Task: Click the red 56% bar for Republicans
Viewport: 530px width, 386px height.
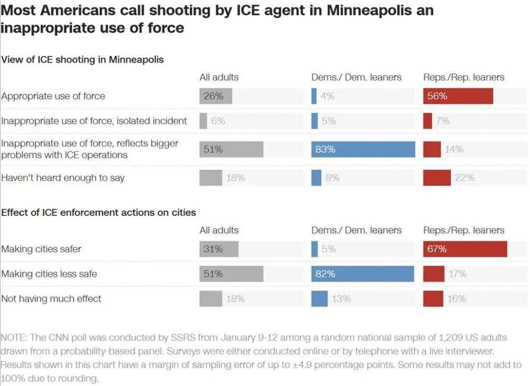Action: pos(458,96)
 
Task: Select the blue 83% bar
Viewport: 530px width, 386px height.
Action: pos(363,149)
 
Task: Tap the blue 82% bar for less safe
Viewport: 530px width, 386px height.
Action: pos(363,274)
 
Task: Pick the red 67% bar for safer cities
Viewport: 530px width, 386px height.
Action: pos(465,249)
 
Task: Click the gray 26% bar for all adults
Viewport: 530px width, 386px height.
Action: pos(215,96)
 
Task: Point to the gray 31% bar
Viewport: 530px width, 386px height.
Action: pos(219,249)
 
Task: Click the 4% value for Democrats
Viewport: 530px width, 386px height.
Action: pos(327,96)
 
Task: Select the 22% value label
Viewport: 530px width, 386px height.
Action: pos(464,178)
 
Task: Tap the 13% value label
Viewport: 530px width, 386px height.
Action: pos(341,299)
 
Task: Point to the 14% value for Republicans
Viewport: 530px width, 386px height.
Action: pos(454,149)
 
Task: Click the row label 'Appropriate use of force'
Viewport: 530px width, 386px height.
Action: pos(53,96)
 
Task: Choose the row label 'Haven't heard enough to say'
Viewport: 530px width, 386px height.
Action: pos(63,178)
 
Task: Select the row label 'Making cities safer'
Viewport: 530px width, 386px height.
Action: pos(41,249)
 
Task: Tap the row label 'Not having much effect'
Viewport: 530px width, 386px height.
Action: pos(52,299)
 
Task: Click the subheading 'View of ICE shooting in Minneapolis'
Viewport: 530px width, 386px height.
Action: pos(82,60)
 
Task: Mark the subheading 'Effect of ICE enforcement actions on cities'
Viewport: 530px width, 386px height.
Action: pos(99,213)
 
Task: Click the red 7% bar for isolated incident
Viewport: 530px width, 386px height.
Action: pos(427,121)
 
